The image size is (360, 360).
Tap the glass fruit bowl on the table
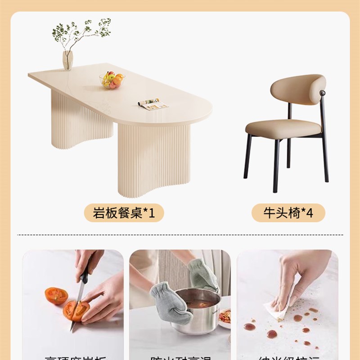(112, 81)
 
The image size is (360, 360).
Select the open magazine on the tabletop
(153, 104)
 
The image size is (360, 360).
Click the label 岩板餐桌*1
(124, 212)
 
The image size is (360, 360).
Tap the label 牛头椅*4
(288, 212)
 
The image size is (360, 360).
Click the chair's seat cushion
(283, 128)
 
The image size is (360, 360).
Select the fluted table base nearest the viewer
(153, 160)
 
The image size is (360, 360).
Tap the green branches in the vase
(81, 31)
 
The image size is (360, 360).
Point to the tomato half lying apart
(56, 296)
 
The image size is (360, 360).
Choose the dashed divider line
(180, 235)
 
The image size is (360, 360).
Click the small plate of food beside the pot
(224, 317)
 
